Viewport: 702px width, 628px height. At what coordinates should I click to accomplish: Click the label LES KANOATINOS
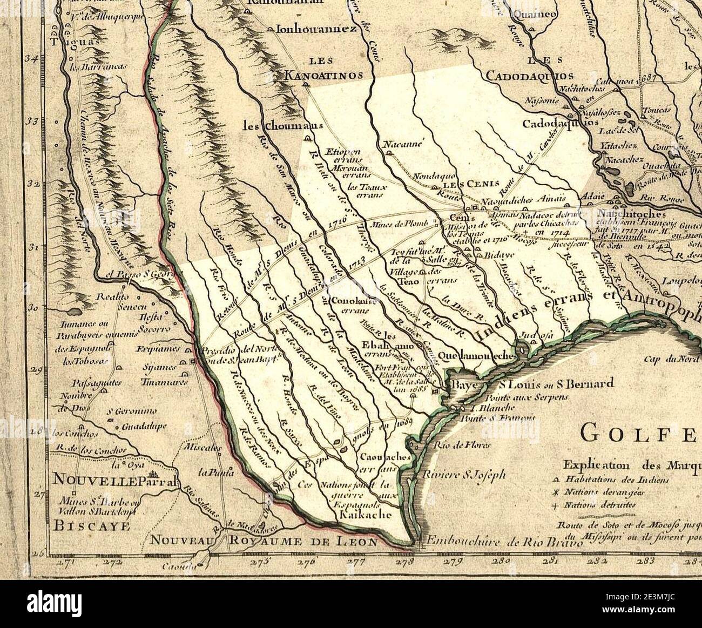coord(324,70)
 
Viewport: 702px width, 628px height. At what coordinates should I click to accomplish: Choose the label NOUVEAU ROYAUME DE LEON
coord(263,541)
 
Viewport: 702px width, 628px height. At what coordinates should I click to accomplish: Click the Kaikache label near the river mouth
coord(366,515)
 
